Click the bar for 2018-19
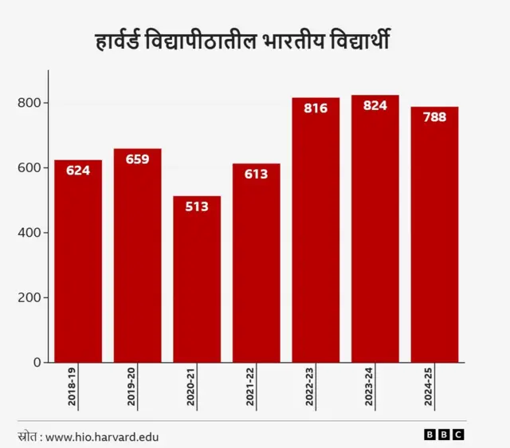(x=78, y=263)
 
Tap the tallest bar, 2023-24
(x=375, y=231)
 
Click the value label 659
(x=137, y=159)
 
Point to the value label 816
(x=316, y=108)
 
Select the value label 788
(x=434, y=117)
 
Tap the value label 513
(x=197, y=206)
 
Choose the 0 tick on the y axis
(x=37, y=363)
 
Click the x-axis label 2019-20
(x=132, y=388)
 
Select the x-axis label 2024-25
(x=430, y=388)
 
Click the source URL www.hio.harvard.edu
(x=102, y=436)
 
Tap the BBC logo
(x=444, y=435)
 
